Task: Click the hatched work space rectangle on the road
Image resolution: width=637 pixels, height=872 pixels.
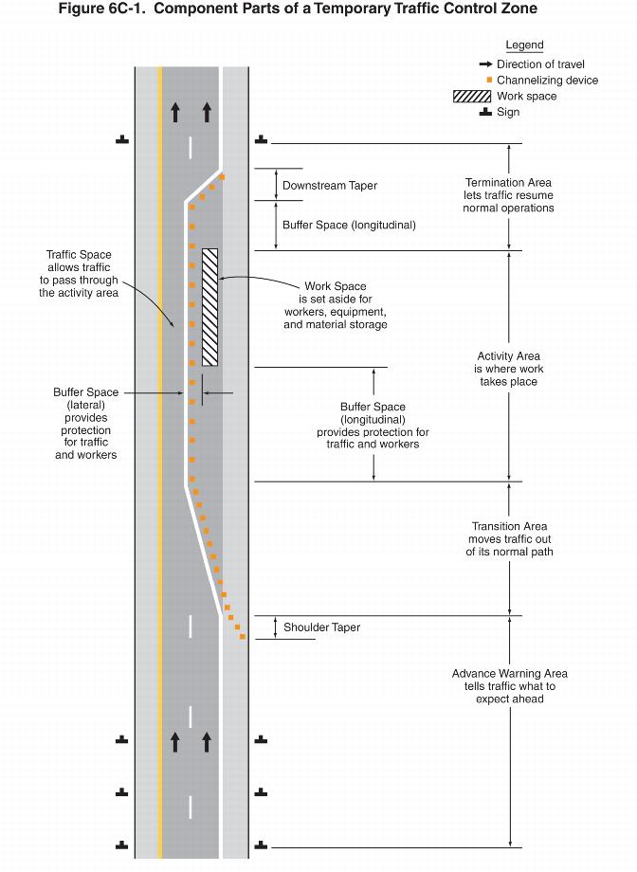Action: pos(209,306)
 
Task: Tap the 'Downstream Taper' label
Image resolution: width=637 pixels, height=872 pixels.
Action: pos(329,186)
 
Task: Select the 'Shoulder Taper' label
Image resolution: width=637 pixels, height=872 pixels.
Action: pos(321,627)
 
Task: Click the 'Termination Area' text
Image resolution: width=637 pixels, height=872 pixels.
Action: pos(508,183)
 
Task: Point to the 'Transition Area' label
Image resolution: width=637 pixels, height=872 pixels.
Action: pos(509,527)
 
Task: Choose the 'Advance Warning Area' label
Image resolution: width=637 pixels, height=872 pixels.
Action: pos(509,674)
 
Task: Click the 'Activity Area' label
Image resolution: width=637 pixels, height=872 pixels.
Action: pos(509,356)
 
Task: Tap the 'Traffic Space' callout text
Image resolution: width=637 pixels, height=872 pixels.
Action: pos(79,255)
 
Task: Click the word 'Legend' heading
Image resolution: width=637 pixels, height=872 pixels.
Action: pos(524,45)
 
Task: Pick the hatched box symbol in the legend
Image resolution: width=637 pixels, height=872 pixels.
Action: pos(471,96)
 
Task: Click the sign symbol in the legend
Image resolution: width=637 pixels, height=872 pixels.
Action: pos(485,112)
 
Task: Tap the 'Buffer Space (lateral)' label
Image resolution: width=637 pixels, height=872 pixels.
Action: pos(85,391)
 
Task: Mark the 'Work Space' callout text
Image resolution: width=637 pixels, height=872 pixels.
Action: pos(335,286)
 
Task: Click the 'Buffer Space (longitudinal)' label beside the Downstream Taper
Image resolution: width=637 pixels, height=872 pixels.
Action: pos(349,226)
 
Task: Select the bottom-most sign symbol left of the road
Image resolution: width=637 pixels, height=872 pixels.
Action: pos(122,845)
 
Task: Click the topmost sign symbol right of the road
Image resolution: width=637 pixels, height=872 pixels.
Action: pos(262,140)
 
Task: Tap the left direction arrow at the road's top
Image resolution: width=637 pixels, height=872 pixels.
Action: pos(175,112)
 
